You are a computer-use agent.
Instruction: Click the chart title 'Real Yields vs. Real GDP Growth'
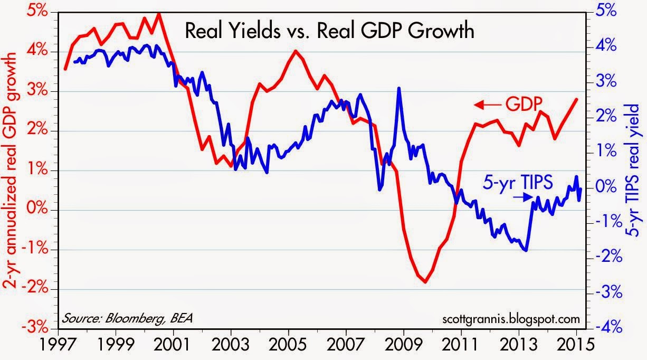(x=329, y=31)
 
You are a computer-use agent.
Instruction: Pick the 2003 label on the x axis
(x=231, y=345)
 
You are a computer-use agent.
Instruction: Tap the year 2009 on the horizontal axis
(x=404, y=345)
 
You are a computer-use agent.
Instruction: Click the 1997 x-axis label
(x=58, y=345)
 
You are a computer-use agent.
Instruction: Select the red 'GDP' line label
(x=524, y=104)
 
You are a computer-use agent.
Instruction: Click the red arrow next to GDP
(x=488, y=105)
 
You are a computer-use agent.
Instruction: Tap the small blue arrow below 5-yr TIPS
(x=523, y=197)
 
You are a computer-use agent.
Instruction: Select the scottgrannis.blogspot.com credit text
(x=511, y=319)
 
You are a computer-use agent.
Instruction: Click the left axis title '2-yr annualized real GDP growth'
(x=12, y=170)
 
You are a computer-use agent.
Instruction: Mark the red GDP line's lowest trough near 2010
(x=425, y=282)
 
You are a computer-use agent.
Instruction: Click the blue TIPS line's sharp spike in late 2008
(x=399, y=88)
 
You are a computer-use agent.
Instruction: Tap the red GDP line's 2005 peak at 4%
(x=295, y=51)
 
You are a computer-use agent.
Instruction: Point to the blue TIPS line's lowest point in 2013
(x=526, y=250)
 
